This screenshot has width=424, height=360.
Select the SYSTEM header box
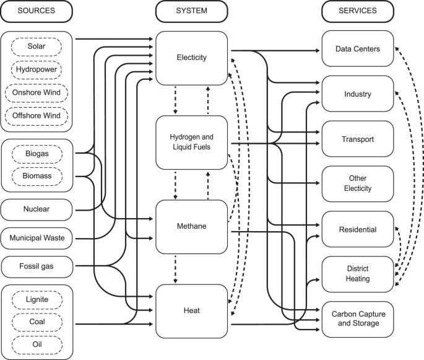pyautogui.click(x=191, y=11)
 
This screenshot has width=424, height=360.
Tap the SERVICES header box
pyautogui.click(x=358, y=11)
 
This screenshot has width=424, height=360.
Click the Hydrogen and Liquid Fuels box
pyautogui.click(x=191, y=142)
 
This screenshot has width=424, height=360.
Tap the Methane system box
pyautogui.click(x=191, y=226)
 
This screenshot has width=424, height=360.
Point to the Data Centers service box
pyautogui.click(x=357, y=49)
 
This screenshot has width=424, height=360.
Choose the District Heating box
pyautogui.click(x=357, y=274)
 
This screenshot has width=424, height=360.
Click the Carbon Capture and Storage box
pyautogui.click(x=357, y=318)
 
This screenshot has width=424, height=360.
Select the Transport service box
pyautogui.click(x=357, y=139)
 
